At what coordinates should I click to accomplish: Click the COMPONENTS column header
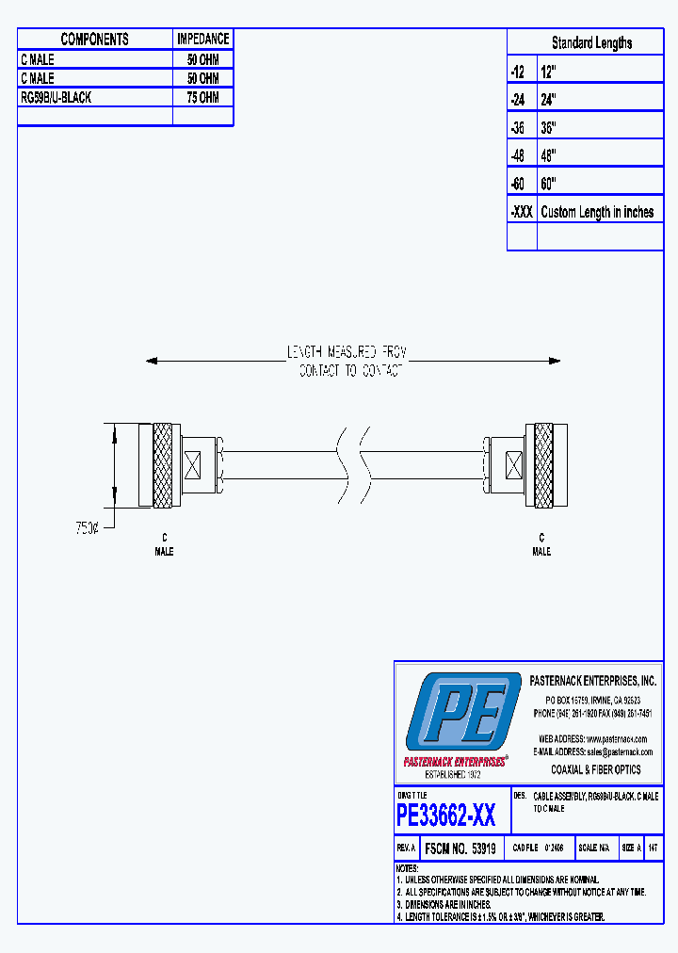pos(94,39)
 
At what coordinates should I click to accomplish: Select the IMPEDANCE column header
pos(202,39)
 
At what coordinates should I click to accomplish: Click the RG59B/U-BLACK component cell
pos(56,97)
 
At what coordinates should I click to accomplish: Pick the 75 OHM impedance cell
pos(202,97)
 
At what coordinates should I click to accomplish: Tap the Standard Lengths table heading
pos(591,42)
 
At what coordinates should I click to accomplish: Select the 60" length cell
pos(549,184)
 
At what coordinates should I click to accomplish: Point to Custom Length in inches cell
pos(597,212)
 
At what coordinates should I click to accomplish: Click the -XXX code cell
pos(521,212)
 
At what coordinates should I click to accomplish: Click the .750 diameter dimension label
pos(86,529)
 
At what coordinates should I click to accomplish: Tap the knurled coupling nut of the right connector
pos(544,466)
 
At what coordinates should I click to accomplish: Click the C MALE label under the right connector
pos(541,544)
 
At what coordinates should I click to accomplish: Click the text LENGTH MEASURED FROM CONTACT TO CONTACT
pos(347,362)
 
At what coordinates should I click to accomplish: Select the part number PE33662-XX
pos(445,815)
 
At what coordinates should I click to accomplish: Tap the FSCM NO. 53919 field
pos(460,848)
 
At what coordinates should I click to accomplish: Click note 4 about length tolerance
pos(501,916)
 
